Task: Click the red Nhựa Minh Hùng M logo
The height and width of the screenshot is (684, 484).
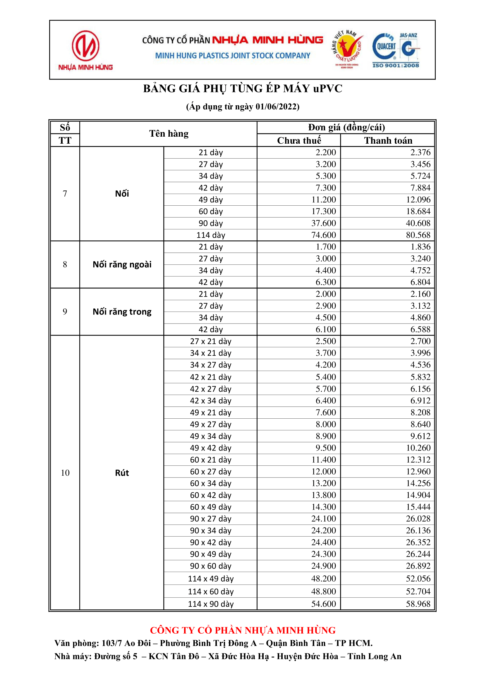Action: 85,46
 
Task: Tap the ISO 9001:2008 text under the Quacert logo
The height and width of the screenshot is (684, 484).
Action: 396,65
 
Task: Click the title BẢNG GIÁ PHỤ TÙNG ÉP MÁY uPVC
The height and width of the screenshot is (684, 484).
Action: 243,89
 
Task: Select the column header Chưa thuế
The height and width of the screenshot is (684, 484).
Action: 299,140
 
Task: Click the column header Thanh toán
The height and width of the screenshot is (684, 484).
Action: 388,140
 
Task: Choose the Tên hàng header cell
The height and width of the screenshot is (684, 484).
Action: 169,134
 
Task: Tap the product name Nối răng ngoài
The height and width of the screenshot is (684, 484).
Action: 122,264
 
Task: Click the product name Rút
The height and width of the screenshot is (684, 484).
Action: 122,473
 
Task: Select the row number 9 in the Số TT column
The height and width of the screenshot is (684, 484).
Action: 65,312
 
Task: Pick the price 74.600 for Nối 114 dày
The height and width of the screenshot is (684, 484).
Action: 323,235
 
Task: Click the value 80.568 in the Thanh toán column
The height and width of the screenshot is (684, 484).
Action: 418,235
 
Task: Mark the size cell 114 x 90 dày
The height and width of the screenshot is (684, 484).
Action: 211,604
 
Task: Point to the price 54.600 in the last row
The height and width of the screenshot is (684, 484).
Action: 323,604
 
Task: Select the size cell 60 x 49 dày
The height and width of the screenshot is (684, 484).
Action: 211,507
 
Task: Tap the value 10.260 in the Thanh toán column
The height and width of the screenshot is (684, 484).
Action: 418,448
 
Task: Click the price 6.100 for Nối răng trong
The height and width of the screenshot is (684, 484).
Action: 326,329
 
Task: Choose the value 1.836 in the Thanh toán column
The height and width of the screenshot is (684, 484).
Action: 420,247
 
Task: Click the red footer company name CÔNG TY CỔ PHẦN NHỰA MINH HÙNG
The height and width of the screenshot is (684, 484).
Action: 243,631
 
